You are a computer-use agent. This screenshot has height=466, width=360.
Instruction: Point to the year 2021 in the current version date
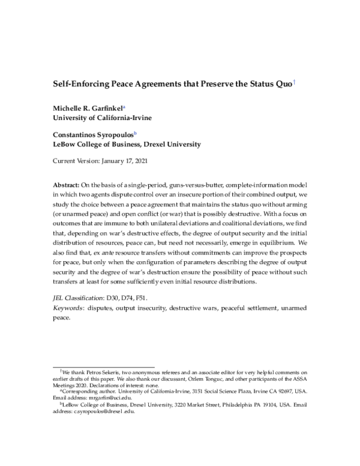[139, 162]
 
